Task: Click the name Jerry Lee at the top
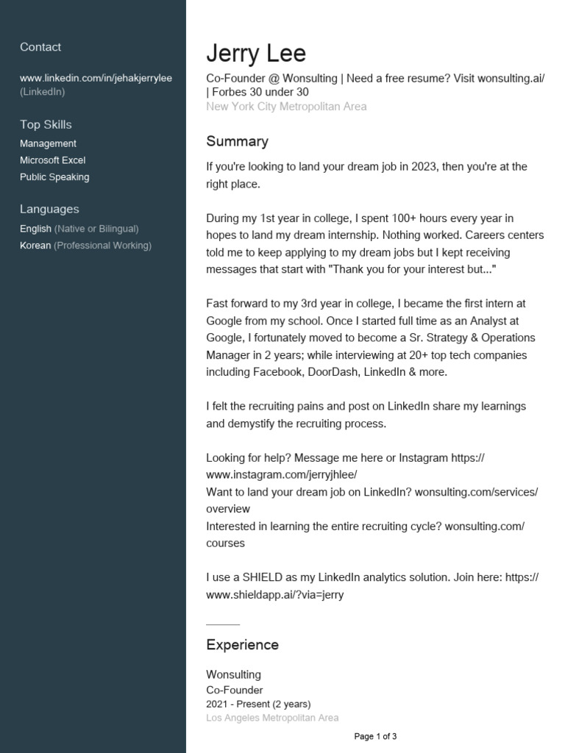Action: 255,54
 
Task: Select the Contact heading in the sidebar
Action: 40,47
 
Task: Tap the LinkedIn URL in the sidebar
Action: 96,78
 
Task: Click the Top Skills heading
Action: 46,124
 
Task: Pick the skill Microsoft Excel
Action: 53,160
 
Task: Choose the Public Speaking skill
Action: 54,177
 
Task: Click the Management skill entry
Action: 48,143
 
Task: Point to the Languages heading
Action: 49,209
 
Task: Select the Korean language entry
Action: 35,246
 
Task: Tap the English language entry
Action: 35,229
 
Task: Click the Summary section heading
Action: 237,141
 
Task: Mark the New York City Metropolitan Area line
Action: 286,107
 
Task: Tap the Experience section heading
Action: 242,645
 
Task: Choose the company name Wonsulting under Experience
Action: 233,674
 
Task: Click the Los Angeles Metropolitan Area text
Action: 272,718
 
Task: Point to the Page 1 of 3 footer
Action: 375,736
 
